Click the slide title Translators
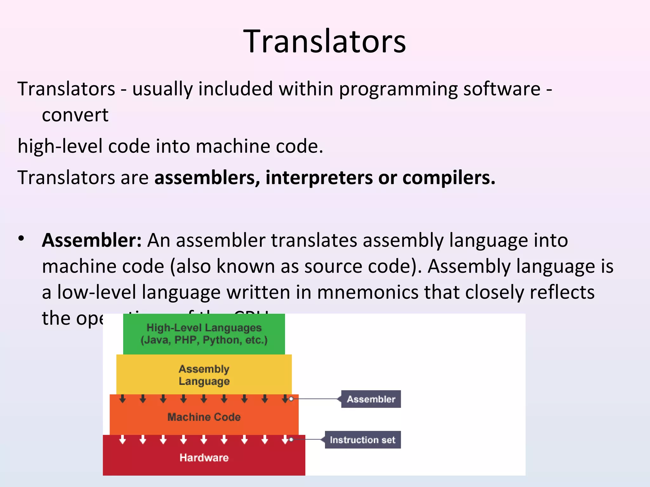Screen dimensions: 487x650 324,41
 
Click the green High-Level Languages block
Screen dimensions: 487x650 204,334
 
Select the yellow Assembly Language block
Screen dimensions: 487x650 204,375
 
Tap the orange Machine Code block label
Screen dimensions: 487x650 204,417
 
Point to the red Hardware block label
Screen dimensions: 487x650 204,458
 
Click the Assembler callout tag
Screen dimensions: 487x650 371,399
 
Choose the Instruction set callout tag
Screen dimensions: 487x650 362,440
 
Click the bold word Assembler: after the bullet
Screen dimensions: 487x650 91,240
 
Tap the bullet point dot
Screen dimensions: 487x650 21,238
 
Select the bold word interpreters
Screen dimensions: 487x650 319,178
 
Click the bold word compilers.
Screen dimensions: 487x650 448,178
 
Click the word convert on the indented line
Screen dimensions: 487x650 75,115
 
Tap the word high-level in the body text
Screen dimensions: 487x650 60,146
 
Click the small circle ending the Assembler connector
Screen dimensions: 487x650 291,399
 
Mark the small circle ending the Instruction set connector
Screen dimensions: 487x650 291,439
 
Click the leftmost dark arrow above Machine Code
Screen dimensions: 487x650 123,399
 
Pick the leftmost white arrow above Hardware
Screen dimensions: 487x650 123,439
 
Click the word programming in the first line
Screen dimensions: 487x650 398,89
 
